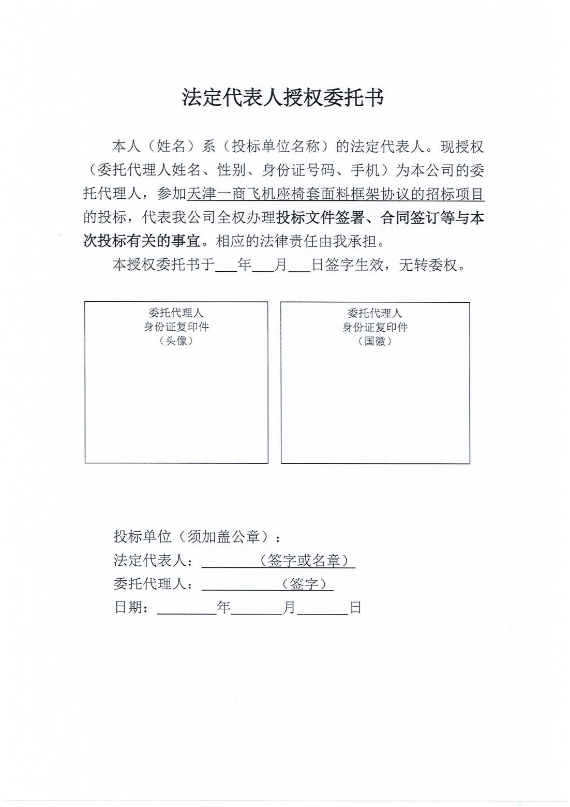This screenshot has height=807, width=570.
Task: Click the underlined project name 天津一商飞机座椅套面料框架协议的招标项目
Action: coord(335,194)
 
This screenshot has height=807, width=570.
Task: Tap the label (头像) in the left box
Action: coord(176,341)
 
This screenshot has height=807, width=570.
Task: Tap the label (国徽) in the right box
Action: coord(374,341)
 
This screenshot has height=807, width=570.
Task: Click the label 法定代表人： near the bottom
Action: coord(154,561)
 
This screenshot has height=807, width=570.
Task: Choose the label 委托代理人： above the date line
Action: coord(154,584)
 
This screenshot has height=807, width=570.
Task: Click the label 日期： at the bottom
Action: coord(132,607)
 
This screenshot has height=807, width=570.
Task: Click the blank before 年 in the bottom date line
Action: coord(187,608)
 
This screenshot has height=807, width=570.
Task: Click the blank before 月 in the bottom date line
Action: coord(257,608)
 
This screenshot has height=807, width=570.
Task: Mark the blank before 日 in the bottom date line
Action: coord(323,608)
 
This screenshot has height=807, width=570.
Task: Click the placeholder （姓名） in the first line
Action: coord(171,147)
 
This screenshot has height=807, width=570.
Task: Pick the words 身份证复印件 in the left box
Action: coord(176,327)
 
